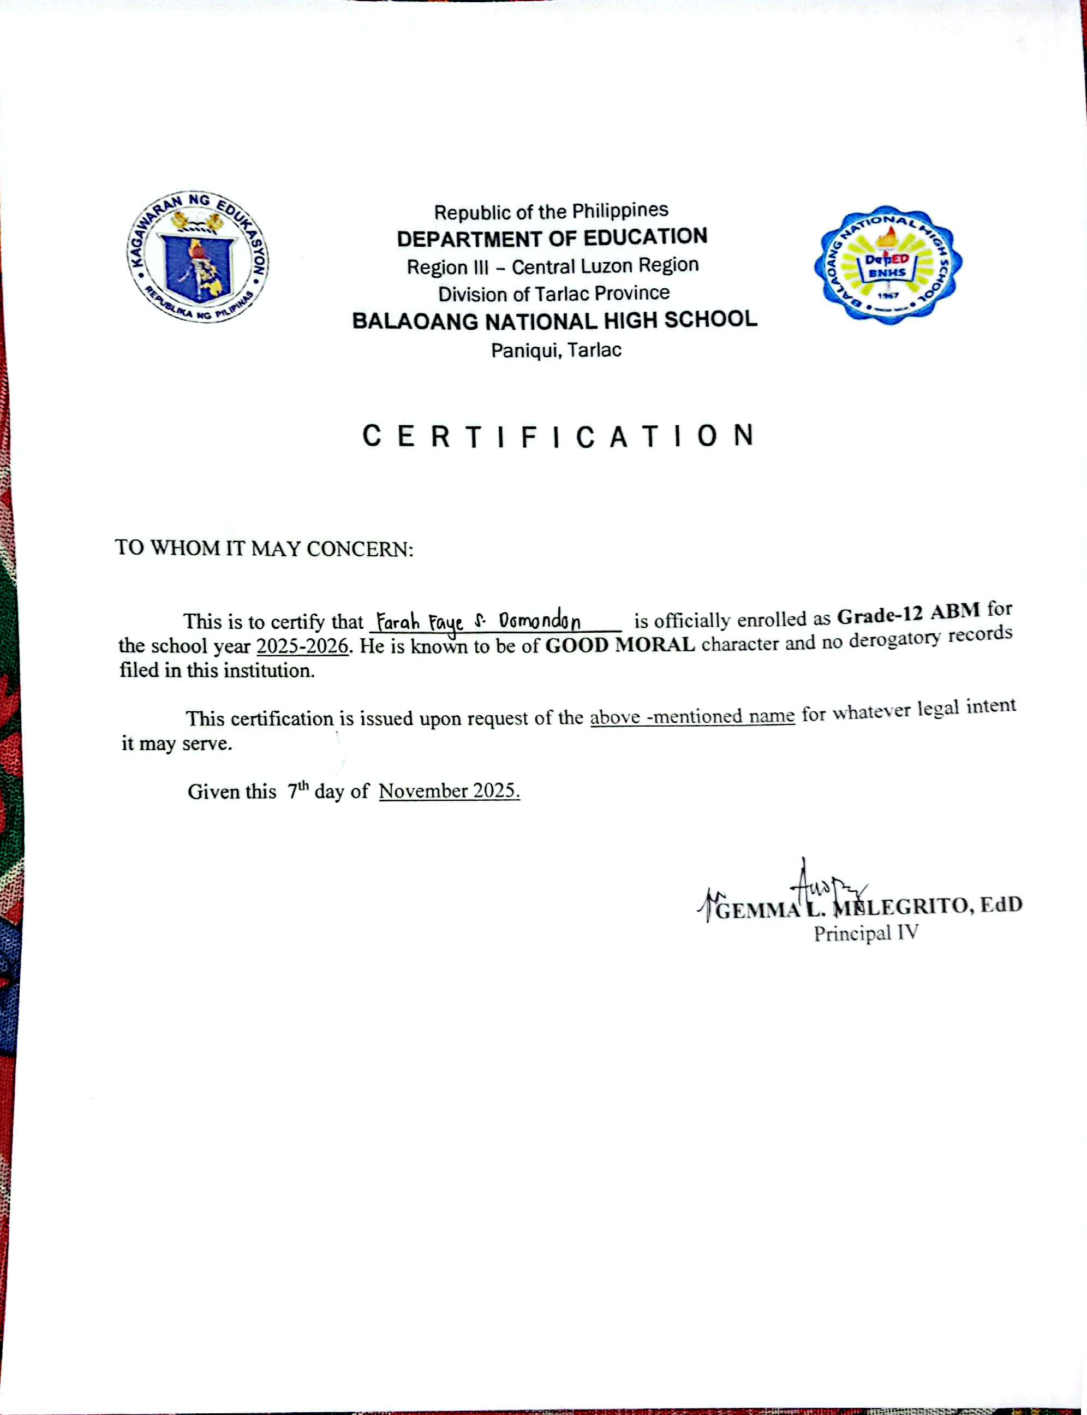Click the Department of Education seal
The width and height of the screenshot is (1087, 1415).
(198, 257)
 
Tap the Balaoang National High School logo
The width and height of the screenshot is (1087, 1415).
(888, 265)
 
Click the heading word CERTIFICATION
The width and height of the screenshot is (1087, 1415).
(558, 436)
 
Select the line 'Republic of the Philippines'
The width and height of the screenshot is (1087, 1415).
(551, 211)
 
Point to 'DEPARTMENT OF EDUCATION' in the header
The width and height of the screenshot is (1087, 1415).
(552, 237)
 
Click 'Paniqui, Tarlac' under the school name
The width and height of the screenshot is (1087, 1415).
(556, 350)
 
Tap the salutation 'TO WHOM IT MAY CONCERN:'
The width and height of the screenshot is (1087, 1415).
(264, 548)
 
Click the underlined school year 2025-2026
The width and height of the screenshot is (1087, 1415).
(302, 646)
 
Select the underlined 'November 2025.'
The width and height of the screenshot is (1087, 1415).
(449, 791)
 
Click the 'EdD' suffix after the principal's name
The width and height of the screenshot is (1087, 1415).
(1001, 904)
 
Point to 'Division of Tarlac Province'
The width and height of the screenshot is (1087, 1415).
(554, 294)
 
